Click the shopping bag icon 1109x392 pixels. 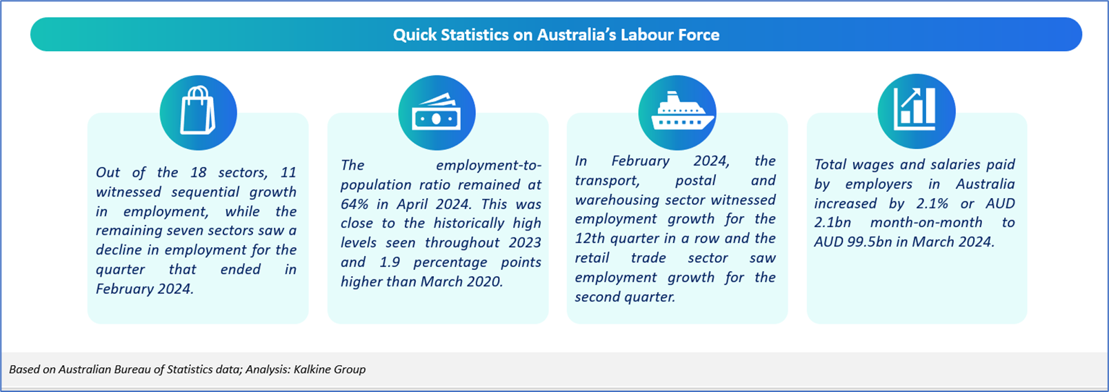(197, 110)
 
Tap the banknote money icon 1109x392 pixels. (436, 112)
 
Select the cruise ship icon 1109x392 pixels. (682, 111)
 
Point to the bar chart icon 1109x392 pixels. (915, 110)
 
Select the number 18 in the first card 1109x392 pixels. (198, 172)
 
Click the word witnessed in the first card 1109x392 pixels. (129, 192)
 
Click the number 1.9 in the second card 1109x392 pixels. (390, 262)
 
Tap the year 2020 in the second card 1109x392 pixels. (485, 282)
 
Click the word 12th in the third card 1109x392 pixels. (590, 238)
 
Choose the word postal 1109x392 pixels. (696, 180)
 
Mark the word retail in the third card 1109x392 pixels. (592, 257)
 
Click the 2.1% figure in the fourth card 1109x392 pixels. (932, 203)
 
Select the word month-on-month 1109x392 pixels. (926, 222)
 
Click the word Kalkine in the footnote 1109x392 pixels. (311, 369)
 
